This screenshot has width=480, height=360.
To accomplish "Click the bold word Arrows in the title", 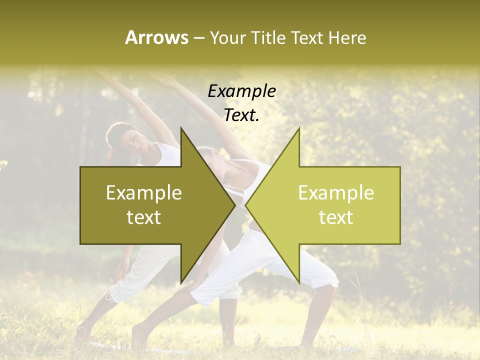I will point(156,37).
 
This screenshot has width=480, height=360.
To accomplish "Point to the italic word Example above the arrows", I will point(241,91).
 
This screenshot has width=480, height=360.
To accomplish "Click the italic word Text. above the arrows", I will point(241,115).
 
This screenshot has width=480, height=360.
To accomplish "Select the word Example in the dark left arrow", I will point(144,193).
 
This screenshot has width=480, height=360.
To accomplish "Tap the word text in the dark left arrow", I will point(144,217).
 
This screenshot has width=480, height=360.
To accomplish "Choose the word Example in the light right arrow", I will point(336,193).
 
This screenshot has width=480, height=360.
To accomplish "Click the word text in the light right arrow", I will point(336,217).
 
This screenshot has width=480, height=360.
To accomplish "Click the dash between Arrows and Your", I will point(198,37).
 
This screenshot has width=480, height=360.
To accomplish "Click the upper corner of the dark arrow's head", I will point(181,128).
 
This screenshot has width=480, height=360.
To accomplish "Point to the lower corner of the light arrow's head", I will point(299,282).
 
